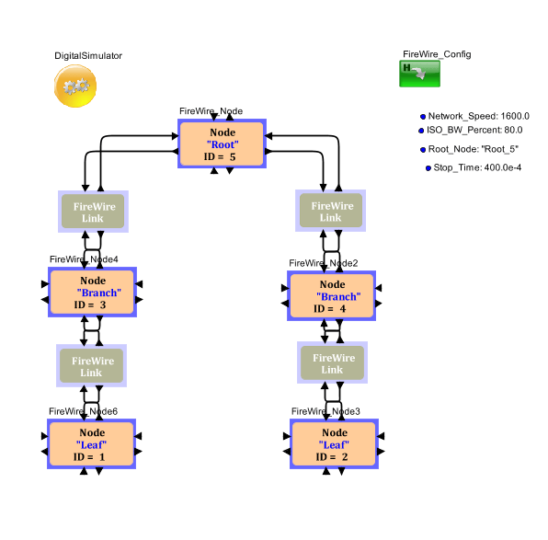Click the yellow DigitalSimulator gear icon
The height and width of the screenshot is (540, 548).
(x=75, y=86)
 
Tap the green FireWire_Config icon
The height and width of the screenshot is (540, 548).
(x=420, y=74)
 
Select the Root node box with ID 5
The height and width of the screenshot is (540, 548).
(x=222, y=144)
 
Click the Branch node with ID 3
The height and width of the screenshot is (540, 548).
(x=92, y=292)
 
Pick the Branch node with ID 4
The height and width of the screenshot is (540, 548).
(x=331, y=296)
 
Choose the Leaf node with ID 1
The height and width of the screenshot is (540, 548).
(x=92, y=444)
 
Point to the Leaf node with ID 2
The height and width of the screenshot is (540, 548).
(x=334, y=444)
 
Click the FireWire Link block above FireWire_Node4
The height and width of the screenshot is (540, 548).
(x=93, y=212)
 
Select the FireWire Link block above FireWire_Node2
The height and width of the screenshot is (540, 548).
(x=331, y=211)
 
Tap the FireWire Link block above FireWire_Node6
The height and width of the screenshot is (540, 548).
(x=92, y=366)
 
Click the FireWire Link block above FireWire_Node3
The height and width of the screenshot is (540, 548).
(x=332, y=362)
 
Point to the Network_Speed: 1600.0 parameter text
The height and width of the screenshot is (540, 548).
(x=479, y=116)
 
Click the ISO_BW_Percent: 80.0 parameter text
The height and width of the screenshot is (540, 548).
(x=474, y=130)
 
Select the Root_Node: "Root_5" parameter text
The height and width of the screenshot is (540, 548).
(x=474, y=149)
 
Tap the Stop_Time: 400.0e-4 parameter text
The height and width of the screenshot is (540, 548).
(x=477, y=167)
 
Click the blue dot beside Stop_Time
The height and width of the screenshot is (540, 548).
(x=428, y=168)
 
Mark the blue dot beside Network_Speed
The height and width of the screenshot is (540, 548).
(x=423, y=117)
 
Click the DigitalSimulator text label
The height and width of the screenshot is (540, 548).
(x=88, y=56)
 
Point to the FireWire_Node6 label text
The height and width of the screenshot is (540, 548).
(x=83, y=411)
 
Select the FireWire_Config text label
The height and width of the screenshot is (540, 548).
(x=437, y=54)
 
